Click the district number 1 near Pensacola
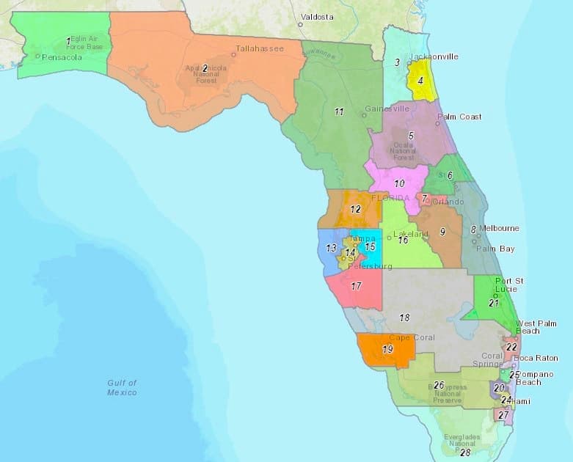pos(68,40)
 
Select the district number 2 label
pos(205,68)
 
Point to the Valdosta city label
pos(317,16)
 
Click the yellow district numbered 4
pos(420,79)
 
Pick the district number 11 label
pos(339,111)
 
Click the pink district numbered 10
pos(400,183)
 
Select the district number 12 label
pos(356,209)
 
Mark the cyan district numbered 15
pos(371,247)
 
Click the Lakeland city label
pos(412,234)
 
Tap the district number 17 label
pos(357,286)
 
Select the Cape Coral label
pos(411,338)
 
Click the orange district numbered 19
pos(387,350)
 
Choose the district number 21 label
pos(494,303)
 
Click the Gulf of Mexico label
pos(122,387)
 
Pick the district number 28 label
pos(464,452)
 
